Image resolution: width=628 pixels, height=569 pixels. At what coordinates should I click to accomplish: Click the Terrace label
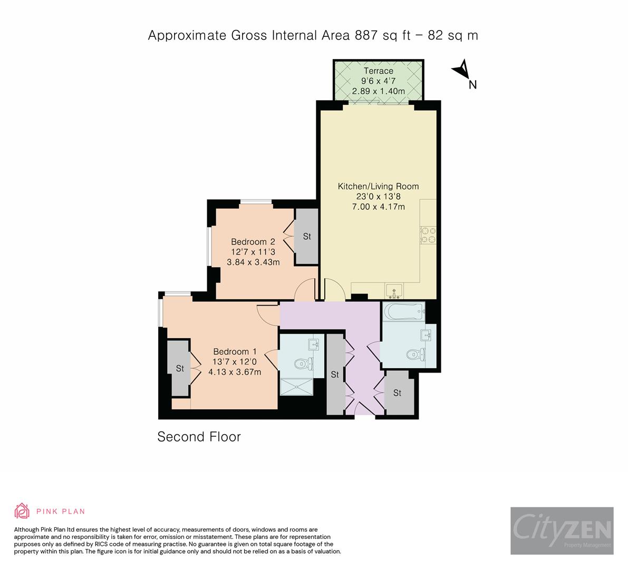click(x=378, y=71)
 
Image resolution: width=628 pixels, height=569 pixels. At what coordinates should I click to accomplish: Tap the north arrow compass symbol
click(x=461, y=70)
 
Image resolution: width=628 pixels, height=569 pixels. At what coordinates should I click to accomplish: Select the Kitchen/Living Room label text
click(x=378, y=186)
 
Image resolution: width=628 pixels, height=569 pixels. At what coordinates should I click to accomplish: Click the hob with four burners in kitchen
click(x=428, y=234)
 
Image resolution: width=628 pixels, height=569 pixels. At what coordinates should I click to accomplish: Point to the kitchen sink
click(x=394, y=290)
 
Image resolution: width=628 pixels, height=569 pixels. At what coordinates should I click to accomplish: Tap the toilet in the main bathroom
click(x=416, y=354)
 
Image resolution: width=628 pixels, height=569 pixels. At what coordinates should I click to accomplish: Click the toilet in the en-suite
click(x=303, y=364)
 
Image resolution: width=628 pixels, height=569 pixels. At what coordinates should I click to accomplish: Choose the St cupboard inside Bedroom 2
click(x=307, y=236)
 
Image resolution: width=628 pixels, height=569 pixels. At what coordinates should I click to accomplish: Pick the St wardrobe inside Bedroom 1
click(x=180, y=368)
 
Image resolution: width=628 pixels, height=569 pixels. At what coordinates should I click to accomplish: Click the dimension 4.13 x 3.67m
click(x=235, y=372)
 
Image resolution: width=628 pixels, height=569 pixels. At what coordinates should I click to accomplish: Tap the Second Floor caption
click(x=199, y=437)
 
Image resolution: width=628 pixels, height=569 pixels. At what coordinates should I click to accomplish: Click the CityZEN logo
click(x=562, y=531)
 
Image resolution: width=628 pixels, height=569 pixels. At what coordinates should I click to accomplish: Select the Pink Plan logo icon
click(x=22, y=511)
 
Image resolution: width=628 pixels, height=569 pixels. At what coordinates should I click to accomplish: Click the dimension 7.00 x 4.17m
click(x=378, y=207)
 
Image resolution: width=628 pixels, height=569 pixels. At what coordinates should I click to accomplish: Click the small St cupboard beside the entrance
click(x=397, y=393)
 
